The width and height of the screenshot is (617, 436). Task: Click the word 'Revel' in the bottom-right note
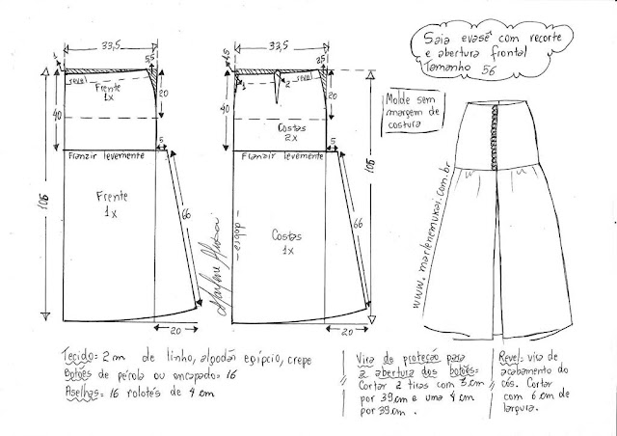511,355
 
